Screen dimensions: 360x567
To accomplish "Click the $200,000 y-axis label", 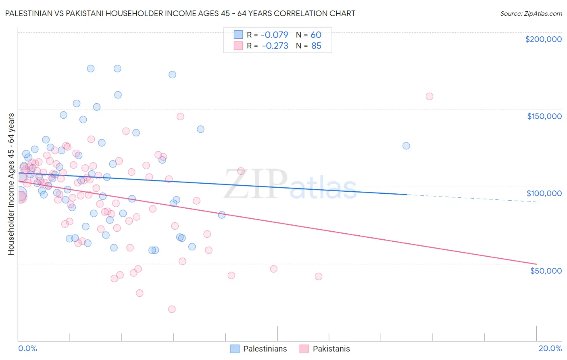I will [x=543, y=39].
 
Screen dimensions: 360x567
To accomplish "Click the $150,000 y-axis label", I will [x=544, y=116].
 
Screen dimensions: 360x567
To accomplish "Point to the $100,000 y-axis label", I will [x=544, y=193].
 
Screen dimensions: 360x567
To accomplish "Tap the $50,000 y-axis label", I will [x=546, y=271].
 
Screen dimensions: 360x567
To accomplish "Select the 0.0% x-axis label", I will [x=27, y=348].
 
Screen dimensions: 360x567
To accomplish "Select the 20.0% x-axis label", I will [x=550, y=348].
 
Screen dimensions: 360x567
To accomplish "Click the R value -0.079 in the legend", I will [x=275, y=35].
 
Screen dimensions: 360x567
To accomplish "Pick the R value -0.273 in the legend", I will [x=275, y=46].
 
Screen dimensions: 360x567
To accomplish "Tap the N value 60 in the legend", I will [x=316, y=35].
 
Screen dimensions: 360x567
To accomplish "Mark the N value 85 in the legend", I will [x=316, y=46].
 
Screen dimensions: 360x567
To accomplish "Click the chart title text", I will [x=180, y=13].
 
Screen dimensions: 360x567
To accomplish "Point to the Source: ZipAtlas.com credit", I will [x=531, y=14].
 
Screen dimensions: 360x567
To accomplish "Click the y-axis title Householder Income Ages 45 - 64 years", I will [x=11, y=184].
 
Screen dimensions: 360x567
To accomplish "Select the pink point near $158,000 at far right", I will [x=429, y=96].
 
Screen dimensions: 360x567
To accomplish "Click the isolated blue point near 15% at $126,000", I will [x=406, y=146].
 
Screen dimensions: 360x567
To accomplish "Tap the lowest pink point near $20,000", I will [x=172, y=309].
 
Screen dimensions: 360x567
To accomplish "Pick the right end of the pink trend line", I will [x=536, y=264].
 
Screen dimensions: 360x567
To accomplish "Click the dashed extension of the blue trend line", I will [x=472, y=198].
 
